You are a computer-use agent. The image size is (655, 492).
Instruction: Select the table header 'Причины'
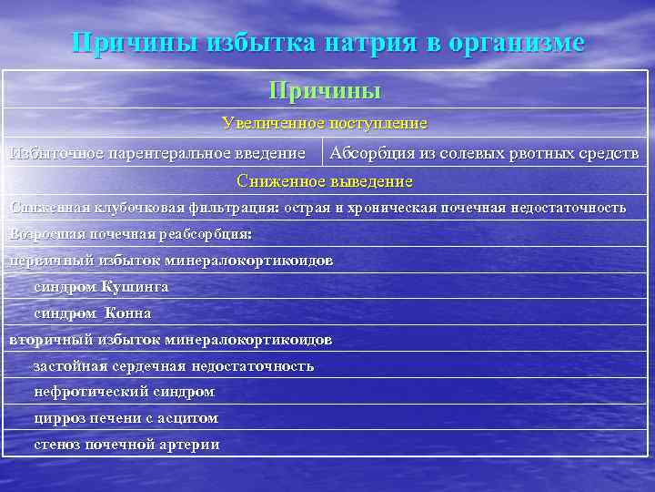(325, 90)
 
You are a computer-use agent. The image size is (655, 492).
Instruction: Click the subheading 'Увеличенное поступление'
(325, 122)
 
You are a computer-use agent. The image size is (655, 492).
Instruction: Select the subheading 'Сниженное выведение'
(325, 181)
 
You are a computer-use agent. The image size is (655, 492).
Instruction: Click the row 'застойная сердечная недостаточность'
(174, 366)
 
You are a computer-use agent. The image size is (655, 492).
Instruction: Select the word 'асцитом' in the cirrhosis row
(189, 419)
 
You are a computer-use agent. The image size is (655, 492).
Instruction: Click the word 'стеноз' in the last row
(57, 446)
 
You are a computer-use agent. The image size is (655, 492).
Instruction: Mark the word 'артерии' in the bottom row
(190, 446)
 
